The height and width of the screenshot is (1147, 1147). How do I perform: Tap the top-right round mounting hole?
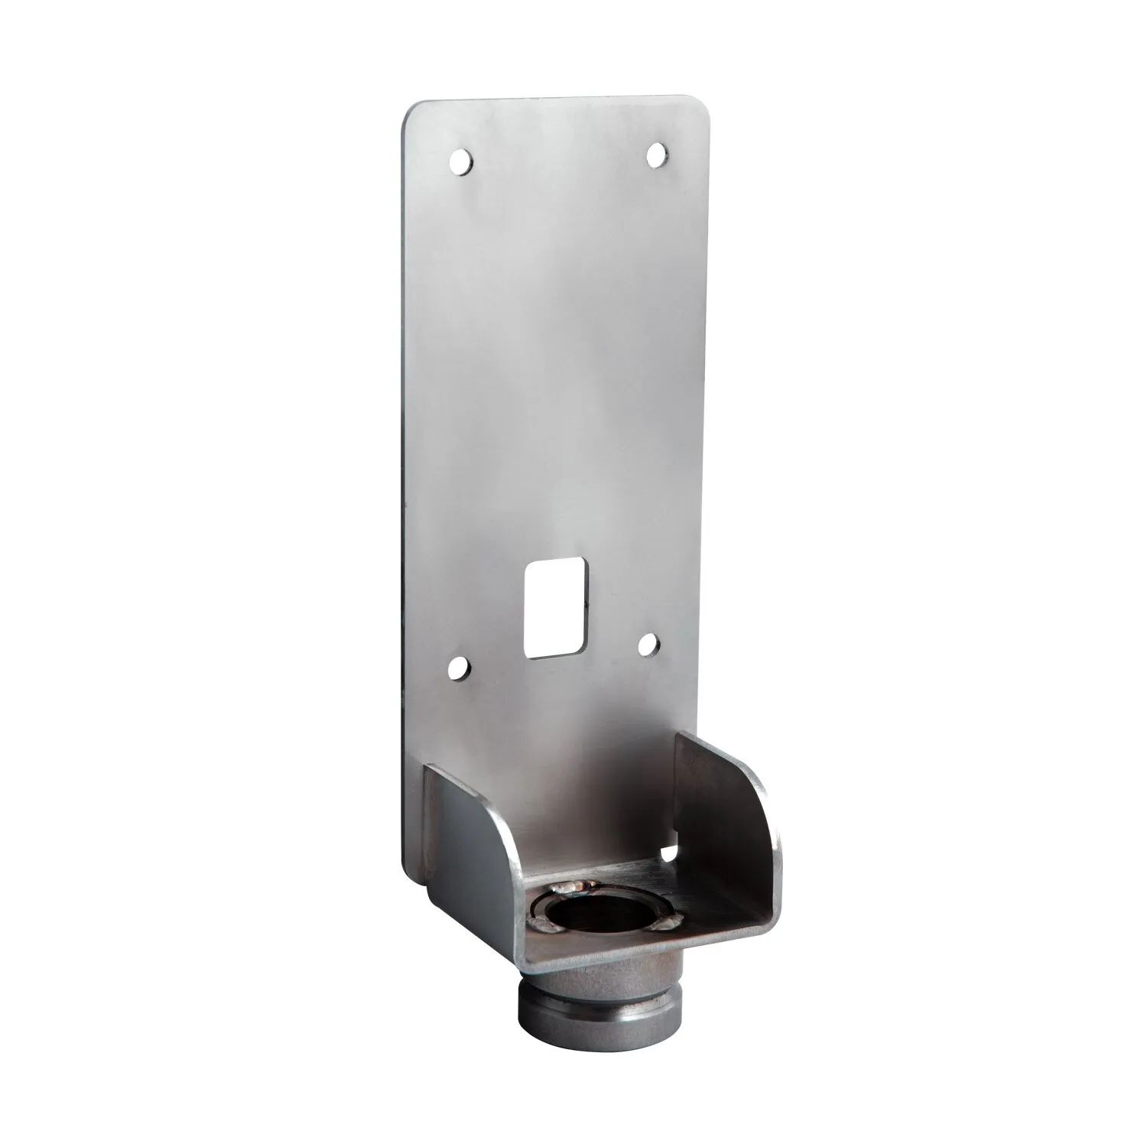click(655, 155)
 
